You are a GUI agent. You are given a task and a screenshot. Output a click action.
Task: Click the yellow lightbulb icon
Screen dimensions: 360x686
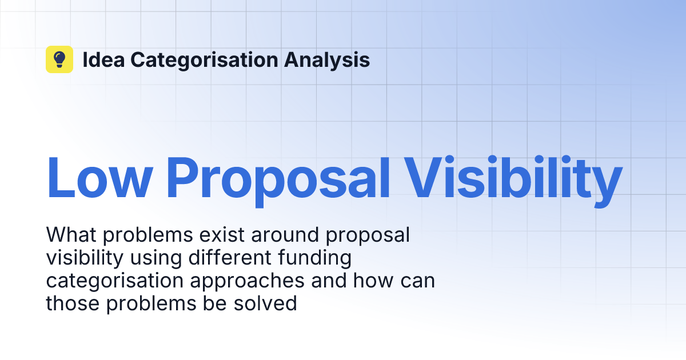[x=59, y=59]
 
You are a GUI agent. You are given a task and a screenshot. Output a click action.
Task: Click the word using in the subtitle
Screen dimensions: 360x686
[x=152, y=258]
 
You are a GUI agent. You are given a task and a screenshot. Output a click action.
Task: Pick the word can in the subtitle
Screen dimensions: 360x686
[x=418, y=281]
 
